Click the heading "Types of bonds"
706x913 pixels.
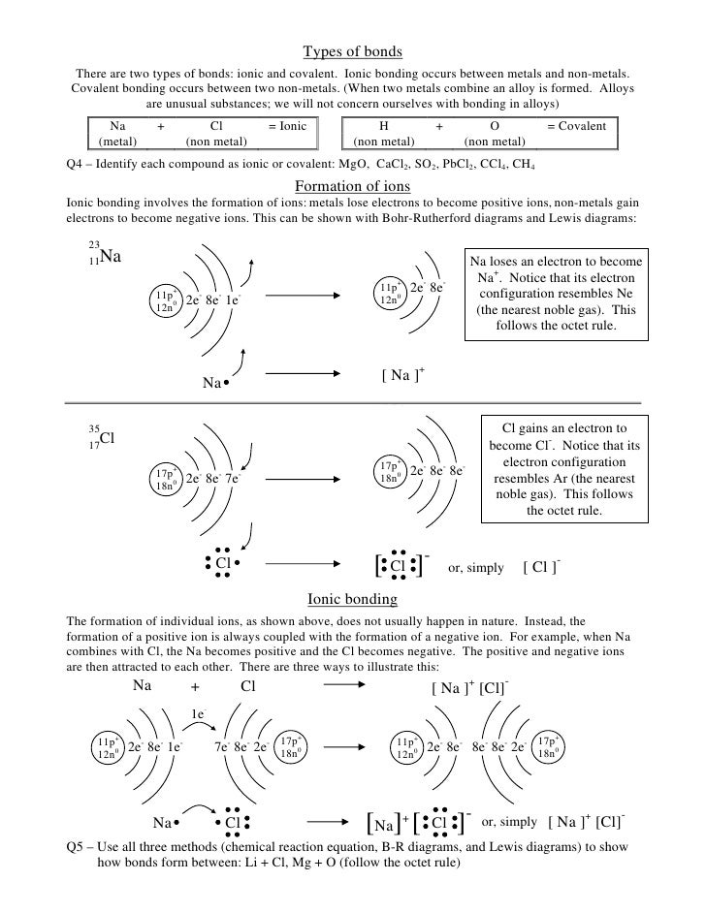click(352, 51)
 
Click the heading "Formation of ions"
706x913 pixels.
click(352, 185)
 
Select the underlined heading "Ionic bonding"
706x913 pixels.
click(352, 600)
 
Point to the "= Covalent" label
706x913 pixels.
click(576, 126)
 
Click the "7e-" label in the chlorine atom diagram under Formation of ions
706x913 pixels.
click(233, 478)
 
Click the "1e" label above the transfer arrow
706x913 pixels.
click(197, 715)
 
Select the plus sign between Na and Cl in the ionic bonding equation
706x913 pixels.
click(194, 688)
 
